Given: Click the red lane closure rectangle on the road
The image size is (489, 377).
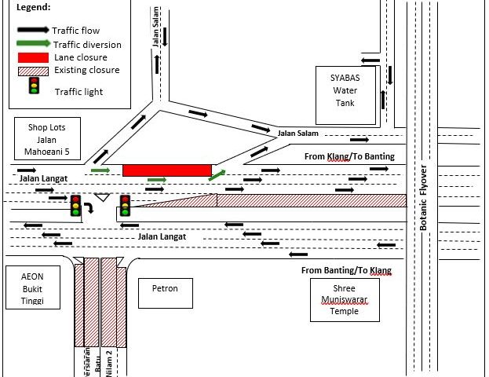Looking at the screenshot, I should [167, 170].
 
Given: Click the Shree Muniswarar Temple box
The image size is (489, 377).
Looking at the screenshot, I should [345, 299].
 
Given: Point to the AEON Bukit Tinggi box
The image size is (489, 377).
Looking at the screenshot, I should [32, 290].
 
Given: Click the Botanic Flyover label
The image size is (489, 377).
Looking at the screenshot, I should [423, 197].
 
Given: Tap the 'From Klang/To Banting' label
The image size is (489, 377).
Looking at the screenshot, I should [349, 157].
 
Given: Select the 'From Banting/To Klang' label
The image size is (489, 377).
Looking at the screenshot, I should [346, 271].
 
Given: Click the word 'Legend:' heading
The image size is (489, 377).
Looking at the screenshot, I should [32, 7].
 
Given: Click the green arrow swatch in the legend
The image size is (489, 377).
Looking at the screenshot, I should [32, 44].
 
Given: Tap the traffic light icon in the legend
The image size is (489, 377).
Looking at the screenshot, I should [35, 85].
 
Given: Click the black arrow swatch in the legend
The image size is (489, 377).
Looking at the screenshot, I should [32, 30].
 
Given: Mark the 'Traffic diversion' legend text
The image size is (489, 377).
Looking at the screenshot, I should [86, 44].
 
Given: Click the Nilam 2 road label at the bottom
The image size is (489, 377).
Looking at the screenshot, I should [110, 362].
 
